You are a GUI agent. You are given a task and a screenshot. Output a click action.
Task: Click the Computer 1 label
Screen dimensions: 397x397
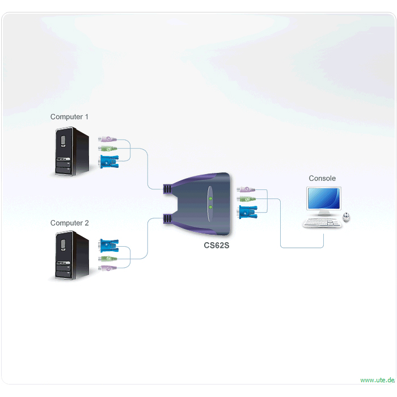pyautogui.click(x=69, y=117)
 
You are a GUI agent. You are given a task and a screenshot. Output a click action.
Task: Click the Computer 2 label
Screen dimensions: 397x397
pyautogui.click(x=69, y=223)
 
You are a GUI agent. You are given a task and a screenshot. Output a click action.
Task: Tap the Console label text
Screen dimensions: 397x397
pyautogui.click(x=322, y=178)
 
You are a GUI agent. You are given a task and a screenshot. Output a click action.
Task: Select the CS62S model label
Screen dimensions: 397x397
pyautogui.click(x=217, y=246)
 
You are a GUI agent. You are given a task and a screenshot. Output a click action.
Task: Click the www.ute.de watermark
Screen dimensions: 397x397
pyautogui.click(x=377, y=380)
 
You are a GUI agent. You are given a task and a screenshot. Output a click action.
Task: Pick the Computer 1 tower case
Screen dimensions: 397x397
pyautogui.click(x=72, y=151)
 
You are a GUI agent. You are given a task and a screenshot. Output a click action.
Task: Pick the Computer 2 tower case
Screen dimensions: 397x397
pyautogui.click(x=72, y=255)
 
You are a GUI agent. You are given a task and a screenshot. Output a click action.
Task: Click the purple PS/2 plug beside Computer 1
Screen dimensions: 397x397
pyautogui.click(x=107, y=139)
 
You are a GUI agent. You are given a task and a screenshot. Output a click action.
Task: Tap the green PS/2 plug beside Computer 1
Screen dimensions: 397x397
pyautogui.click(x=108, y=149)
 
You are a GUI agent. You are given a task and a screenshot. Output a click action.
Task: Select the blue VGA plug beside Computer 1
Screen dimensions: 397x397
pyautogui.click(x=109, y=162)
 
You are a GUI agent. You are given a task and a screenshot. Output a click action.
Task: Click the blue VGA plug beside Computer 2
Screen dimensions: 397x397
pyautogui.click(x=109, y=246)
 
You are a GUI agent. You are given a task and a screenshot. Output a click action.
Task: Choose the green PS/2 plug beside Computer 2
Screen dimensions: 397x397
pyautogui.click(x=108, y=259)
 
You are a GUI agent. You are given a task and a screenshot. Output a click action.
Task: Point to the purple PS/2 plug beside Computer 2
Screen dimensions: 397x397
pyautogui.click(x=107, y=268)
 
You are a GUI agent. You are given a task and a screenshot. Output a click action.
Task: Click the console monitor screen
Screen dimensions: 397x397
pyautogui.click(x=324, y=198)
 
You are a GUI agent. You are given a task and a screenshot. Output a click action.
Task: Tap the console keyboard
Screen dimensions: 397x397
pyautogui.click(x=322, y=223)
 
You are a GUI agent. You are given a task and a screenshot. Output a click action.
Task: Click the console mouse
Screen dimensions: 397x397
pyautogui.click(x=347, y=217)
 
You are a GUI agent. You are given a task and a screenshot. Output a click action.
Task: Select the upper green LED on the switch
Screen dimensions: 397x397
pyautogui.click(x=210, y=198)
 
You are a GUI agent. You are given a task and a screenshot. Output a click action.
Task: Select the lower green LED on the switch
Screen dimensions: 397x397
pyautogui.click(x=210, y=207)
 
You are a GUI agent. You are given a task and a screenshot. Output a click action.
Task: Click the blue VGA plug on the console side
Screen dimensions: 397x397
pyautogui.click(x=247, y=212)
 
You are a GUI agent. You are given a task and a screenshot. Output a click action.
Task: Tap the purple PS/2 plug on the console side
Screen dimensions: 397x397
pyautogui.click(x=246, y=189)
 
